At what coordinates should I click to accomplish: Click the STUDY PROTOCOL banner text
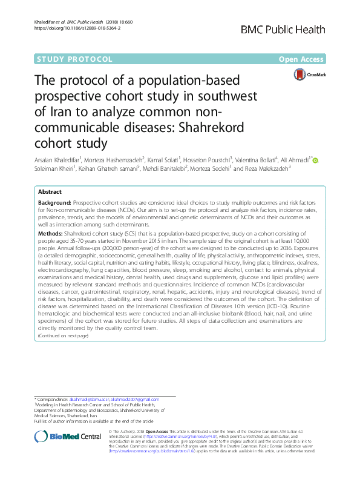[x=75, y=59]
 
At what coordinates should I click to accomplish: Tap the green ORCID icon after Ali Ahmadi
[x=315, y=160]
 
